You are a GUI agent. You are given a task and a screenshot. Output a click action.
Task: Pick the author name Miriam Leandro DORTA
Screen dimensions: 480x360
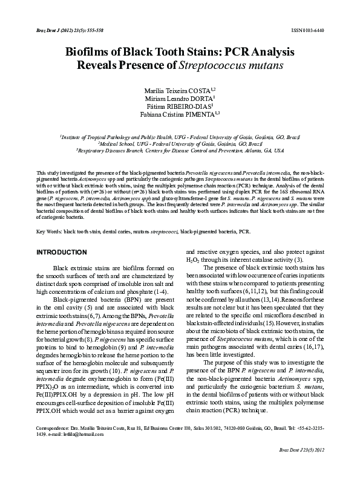point(178,98)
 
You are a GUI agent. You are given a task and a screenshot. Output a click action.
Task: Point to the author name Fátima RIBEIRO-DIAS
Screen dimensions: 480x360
point(178,106)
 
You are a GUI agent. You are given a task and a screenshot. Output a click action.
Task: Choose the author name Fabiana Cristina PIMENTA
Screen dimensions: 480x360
point(178,115)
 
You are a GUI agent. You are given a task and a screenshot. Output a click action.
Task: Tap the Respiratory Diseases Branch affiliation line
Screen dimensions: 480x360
point(180,151)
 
